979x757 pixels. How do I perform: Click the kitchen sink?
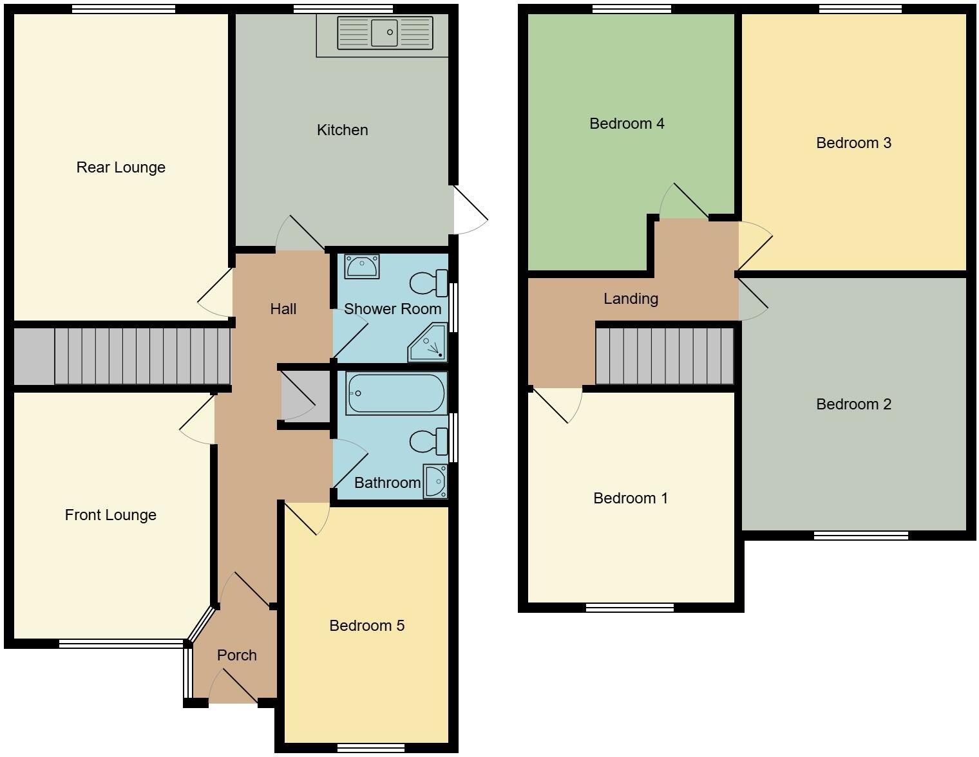(x=385, y=33)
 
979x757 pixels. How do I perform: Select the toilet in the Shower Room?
(x=428, y=283)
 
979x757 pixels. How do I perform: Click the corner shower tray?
(x=428, y=344)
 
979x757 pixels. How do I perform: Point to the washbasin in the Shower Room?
(x=361, y=266)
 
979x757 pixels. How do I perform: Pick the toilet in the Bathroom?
(x=428, y=442)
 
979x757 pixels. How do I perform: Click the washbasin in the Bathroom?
(x=435, y=481)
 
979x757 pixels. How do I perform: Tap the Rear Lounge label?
(x=120, y=167)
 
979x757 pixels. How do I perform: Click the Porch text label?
(x=236, y=655)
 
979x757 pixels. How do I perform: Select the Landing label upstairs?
(x=631, y=299)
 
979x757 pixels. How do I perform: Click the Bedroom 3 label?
(x=853, y=143)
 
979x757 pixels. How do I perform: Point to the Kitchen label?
(x=342, y=130)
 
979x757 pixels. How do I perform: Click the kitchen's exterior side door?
(x=469, y=210)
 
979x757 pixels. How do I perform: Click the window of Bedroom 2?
(x=860, y=535)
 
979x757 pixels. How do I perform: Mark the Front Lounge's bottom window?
(x=121, y=642)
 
